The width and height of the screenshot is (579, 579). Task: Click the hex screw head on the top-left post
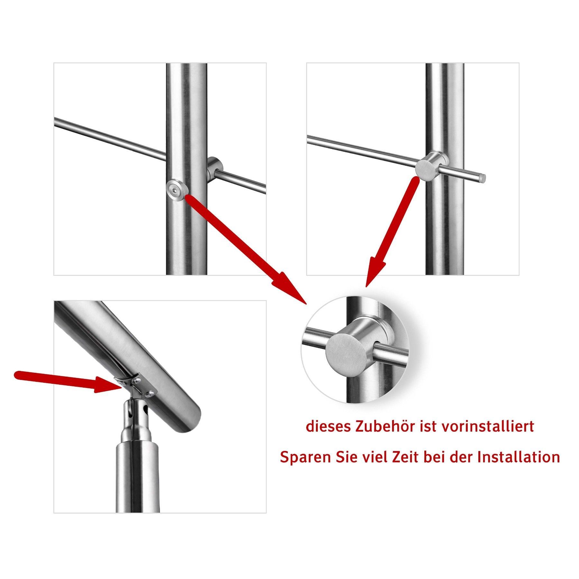tap(176, 190)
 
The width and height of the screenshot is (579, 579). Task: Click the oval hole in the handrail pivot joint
tap(146, 410)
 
